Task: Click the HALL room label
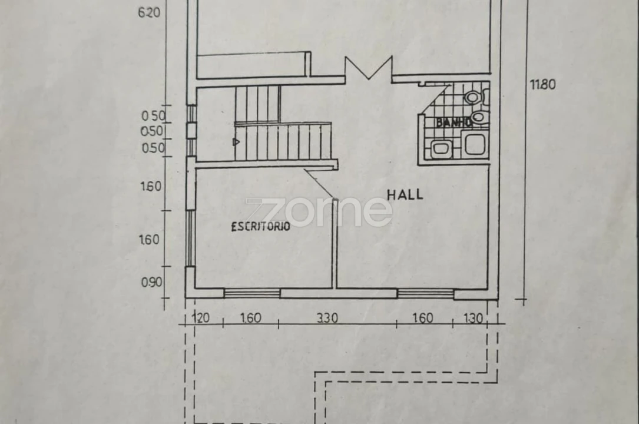(x=405, y=195)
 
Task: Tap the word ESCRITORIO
(x=260, y=227)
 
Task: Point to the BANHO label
(x=453, y=122)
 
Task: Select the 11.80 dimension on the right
(x=542, y=85)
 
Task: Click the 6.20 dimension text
(x=149, y=13)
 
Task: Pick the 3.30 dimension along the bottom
(x=327, y=318)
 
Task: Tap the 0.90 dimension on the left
(x=152, y=282)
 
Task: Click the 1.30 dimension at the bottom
(x=473, y=318)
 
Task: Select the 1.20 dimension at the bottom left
(x=200, y=317)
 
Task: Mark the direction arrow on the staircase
(x=236, y=142)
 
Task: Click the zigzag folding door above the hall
(x=369, y=68)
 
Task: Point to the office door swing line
(x=319, y=183)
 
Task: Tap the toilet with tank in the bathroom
(x=475, y=97)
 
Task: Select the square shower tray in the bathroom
(x=475, y=144)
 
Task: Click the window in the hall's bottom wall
(x=425, y=293)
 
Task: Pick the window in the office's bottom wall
(x=252, y=293)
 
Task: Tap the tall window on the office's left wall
(x=190, y=238)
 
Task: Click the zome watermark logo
(x=319, y=212)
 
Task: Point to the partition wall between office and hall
(x=335, y=244)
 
